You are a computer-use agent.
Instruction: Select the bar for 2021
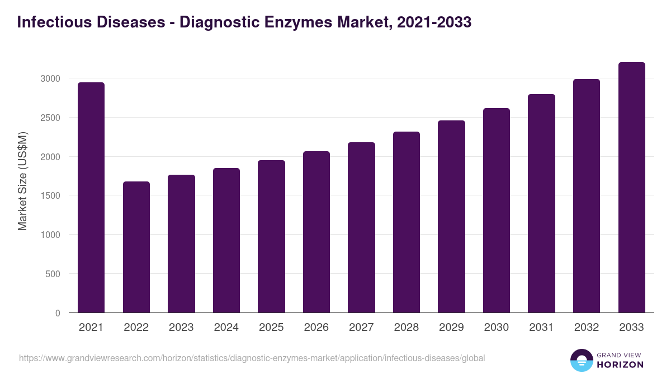coord(91,198)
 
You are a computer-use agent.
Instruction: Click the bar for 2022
coord(136,247)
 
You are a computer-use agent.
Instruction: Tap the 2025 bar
coord(271,236)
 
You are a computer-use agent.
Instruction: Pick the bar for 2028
coord(407,222)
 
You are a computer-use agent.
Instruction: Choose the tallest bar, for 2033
coord(632,188)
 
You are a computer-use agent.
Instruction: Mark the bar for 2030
coord(497,211)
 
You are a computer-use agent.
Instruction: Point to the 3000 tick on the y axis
coord(50,78)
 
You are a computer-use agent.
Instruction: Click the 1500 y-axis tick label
coord(50,196)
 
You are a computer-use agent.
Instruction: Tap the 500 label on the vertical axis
coord(53,274)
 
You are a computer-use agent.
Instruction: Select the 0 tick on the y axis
coord(58,314)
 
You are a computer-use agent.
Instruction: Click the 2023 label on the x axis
coord(181,328)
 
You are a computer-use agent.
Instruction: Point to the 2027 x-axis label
coord(361,328)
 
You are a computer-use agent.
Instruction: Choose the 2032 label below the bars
coord(587,328)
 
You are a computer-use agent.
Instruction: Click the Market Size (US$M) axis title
coord(22,181)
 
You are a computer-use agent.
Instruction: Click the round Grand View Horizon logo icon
coord(582,360)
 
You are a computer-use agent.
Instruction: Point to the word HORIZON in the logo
coord(620,365)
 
